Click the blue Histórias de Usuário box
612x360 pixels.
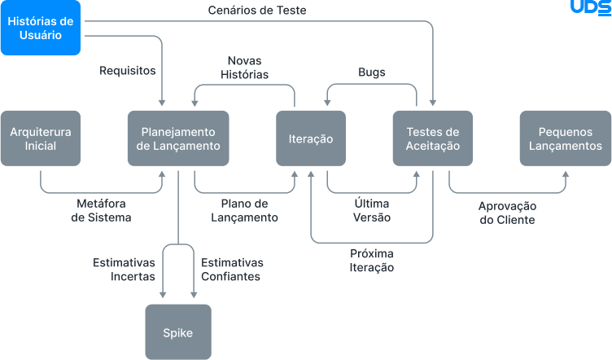(41, 28)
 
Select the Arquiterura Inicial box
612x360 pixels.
(41, 138)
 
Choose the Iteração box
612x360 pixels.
(311, 138)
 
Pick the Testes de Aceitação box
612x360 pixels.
(432, 138)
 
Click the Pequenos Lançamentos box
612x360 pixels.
(566, 138)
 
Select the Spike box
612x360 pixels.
(177, 332)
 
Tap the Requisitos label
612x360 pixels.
(127, 71)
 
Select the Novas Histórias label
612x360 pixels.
(244, 68)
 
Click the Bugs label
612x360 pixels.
(372, 72)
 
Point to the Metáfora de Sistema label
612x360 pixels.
(101, 210)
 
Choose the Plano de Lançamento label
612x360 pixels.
(244, 210)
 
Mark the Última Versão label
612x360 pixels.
(372, 210)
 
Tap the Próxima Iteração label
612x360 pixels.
(372, 260)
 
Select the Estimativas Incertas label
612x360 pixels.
(124, 270)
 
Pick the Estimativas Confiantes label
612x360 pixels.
(232, 270)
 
